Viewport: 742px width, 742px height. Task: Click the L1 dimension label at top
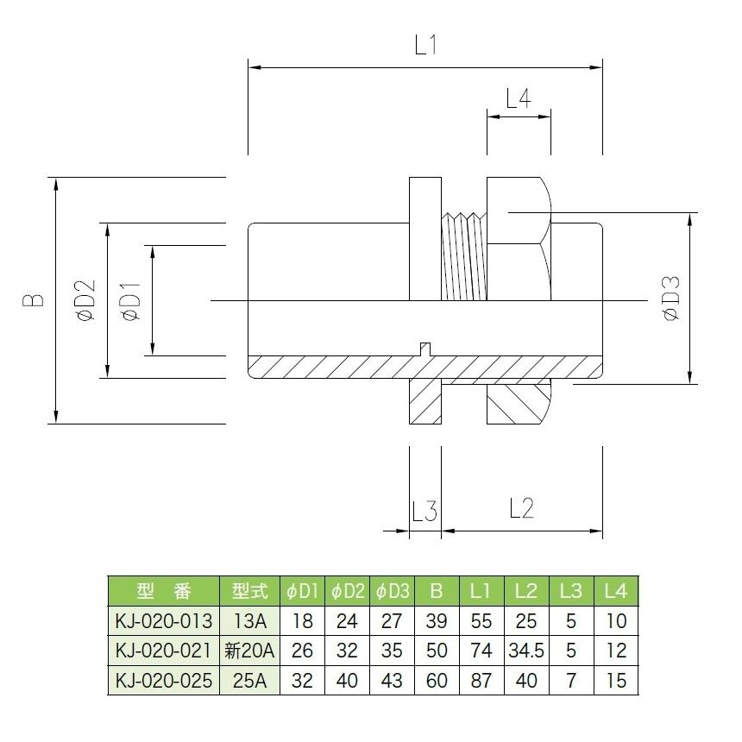point(425,46)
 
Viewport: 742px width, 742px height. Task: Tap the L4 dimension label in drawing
point(519,98)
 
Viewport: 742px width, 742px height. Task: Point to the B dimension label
point(34,300)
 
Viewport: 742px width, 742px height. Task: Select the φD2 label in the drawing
point(85,300)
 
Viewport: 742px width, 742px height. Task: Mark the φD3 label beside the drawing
point(671,299)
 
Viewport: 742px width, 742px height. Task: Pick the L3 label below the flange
point(424,511)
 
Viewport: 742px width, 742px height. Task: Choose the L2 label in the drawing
point(521,508)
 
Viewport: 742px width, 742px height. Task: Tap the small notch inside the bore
point(425,349)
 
